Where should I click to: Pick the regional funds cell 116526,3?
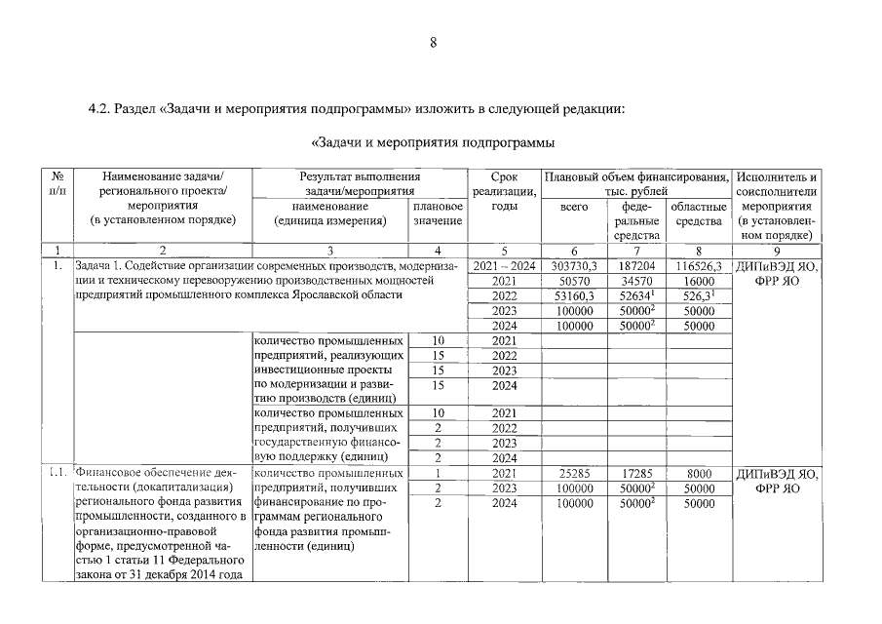tap(699, 266)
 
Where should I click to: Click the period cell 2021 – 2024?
tap(504, 266)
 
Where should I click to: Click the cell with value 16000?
tap(699, 281)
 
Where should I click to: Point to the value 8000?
tap(699, 474)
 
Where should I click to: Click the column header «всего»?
tap(574, 208)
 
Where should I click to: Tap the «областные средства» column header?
tap(699, 214)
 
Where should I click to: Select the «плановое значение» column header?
tap(438, 214)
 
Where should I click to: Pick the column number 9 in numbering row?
tap(777, 251)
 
